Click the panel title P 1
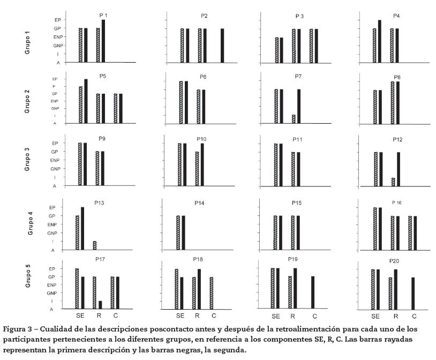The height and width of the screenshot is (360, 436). pos(103,16)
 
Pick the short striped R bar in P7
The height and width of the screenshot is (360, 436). pos(294,119)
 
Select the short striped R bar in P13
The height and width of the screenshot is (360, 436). pos(94,245)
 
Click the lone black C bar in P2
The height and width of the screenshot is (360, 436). pos(222,45)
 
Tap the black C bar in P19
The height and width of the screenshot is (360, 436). pos(313,292)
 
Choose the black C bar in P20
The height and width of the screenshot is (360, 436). pos(412,293)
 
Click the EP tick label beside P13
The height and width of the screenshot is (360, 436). pos(52,207)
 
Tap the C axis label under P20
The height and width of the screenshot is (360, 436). pos(414,317)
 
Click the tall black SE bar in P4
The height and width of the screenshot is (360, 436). pos(379,41)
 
